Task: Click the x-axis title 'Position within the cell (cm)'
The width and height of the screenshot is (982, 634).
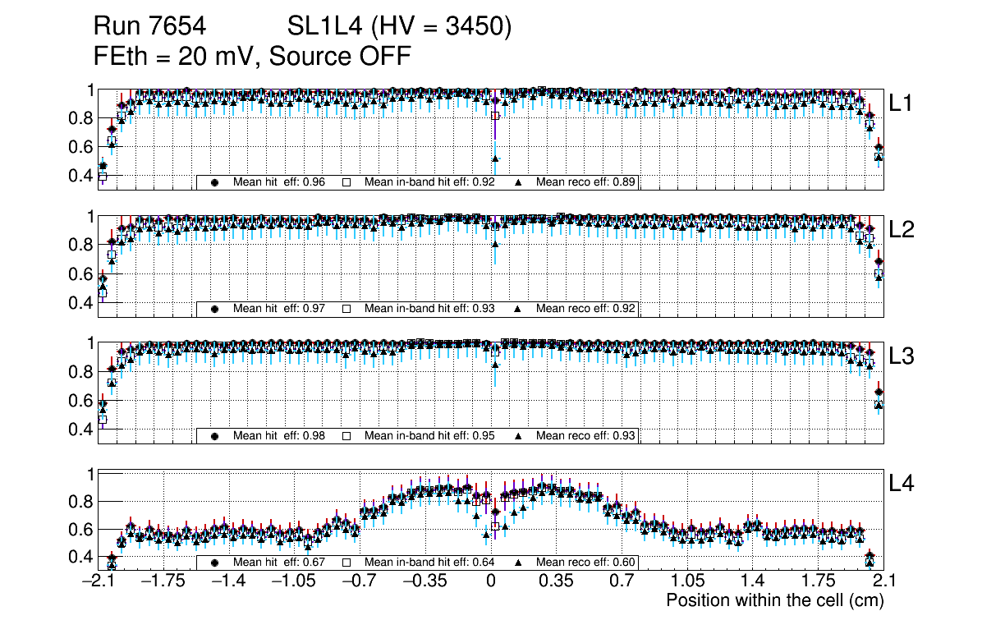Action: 774,600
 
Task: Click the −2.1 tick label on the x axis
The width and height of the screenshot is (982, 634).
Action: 98,581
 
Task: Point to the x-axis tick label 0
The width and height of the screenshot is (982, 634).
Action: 491,581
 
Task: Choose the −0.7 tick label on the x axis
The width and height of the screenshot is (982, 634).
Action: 359,581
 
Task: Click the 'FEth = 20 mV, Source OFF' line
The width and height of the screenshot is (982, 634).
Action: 252,57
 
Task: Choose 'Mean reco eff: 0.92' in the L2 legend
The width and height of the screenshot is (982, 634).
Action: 586,309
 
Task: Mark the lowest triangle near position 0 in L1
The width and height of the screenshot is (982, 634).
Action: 495,158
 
